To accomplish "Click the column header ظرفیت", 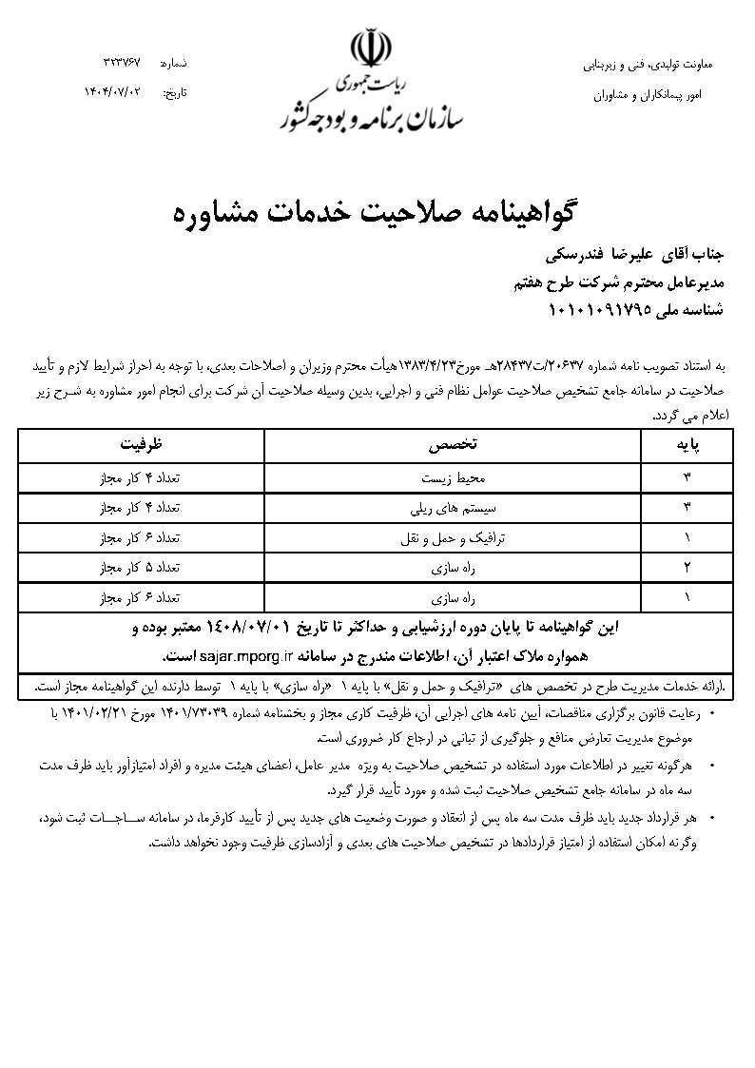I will pos(146,443).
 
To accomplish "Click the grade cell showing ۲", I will pos(687,568).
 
